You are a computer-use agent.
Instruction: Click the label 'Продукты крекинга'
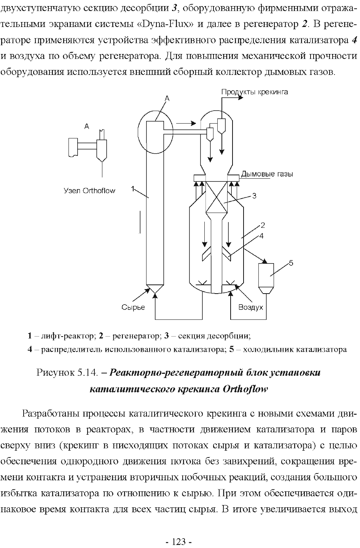coord(255,92)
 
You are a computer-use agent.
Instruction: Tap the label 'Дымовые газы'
coord(267,174)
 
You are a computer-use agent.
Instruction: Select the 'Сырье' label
coord(133,307)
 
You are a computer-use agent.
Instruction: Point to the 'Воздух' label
coord(251,307)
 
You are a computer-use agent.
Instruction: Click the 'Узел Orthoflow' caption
coord(89,191)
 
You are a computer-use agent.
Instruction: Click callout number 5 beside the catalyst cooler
coord(291,263)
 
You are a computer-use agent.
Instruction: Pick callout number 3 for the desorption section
coord(254,196)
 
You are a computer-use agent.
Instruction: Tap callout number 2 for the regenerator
coord(263,225)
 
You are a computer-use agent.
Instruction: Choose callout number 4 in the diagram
coord(261,236)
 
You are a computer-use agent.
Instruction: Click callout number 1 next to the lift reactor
coord(133,189)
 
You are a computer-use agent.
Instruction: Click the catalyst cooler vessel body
coord(266,275)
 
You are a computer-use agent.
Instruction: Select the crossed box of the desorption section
coord(217,197)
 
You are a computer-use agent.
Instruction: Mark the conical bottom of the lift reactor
coord(155,289)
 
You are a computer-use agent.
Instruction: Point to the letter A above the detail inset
coord(87,126)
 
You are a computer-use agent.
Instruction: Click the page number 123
coord(179,542)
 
